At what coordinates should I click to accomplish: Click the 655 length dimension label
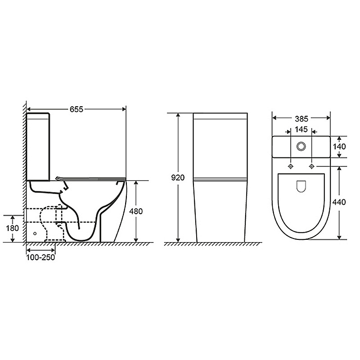[x=76, y=109]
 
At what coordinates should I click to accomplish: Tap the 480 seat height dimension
[x=136, y=211]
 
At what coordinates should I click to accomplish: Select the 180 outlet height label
[x=13, y=229]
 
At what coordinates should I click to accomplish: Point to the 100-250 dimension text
[x=40, y=257]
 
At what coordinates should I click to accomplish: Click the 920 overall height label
[x=178, y=177]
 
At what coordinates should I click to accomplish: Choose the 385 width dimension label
[x=301, y=119]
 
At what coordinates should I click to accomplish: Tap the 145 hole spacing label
[x=301, y=130]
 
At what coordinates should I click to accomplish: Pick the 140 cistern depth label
[x=339, y=147]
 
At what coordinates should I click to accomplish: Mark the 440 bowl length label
[x=339, y=202]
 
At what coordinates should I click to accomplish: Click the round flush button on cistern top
[x=301, y=146]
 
